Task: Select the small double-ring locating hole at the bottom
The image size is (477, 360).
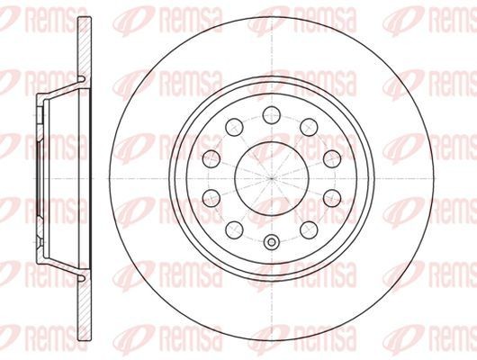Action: pos(271,240)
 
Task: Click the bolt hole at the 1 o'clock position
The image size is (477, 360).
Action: pos(307,125)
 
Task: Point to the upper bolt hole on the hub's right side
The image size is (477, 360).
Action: pos(328,157)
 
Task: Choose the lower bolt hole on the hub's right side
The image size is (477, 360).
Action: pos(328,196)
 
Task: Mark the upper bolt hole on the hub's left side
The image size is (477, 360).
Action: pos(212,157)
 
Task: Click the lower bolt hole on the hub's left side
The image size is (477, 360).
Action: pos(212,196)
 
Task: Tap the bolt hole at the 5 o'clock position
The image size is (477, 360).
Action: pos(307,228)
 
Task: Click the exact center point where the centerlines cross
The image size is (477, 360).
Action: pos(271,177)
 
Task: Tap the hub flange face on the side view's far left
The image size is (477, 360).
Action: pos(39,176)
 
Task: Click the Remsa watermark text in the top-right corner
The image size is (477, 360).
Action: pos(423,17)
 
